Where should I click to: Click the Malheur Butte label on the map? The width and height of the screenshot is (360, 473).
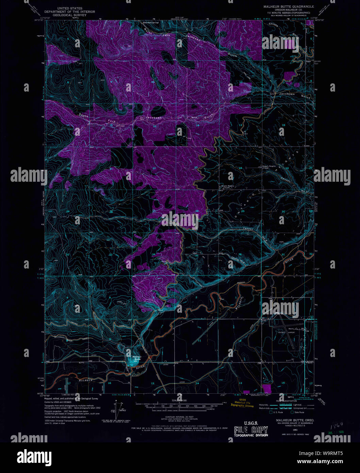tap(137, 358)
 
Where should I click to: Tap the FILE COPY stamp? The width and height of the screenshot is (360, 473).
tap(251, 430)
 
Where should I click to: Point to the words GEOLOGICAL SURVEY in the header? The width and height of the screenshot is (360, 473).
tap(71, 15)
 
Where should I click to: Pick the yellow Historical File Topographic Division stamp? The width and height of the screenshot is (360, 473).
tap(242, 403)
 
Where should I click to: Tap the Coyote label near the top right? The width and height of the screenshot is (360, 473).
tap(273, 25)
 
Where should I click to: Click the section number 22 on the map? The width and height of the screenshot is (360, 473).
tap(154, 168)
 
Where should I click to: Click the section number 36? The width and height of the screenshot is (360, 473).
tap(240, 254)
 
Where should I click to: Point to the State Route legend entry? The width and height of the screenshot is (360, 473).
tap(299, 412)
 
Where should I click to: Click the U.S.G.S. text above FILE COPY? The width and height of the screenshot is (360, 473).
tap(251, 423)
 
